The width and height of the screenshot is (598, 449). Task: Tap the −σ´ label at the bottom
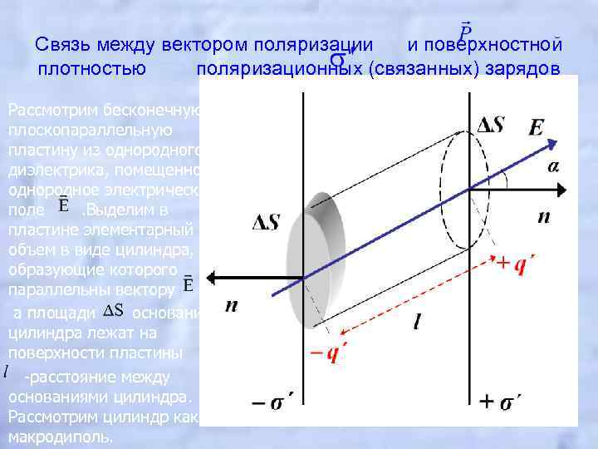pos(275,404)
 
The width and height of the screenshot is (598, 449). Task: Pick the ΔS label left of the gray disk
pos(268,222)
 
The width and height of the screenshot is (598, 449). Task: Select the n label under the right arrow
pos(543,217)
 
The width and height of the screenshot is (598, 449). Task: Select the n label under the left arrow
pos(232,306)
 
